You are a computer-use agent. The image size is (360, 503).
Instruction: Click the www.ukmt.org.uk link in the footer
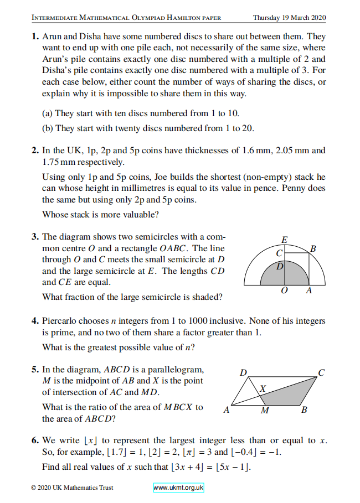point(179,488)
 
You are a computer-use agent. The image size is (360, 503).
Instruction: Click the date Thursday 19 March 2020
point(289,17)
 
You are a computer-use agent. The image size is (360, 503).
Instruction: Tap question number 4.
point(34,321)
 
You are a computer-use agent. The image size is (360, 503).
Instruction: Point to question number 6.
point(34,440)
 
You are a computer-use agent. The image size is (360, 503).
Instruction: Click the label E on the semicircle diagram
point(284,240)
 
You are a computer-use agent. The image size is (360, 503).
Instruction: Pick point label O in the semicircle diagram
point(284,291)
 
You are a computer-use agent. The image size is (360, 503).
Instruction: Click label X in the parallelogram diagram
point(264,389)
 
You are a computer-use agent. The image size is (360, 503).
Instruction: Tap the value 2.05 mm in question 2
point(291,150)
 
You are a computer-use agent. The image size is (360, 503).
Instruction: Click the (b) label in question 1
point(48,128)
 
